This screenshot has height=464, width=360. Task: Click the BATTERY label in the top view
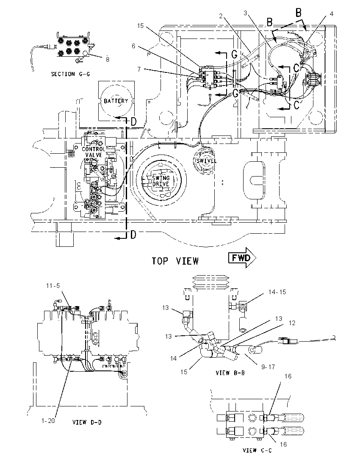pyautogui.click(x=116, y=101)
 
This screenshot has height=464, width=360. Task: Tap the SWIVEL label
pyautogui.click(x=206, y=161)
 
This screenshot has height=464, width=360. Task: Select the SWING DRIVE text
pyautogui.click(x=161, y=181)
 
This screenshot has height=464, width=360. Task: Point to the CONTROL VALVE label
pyautogui.click(x=93, y=152)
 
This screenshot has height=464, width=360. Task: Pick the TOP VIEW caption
pyautogui.click(x=175, y=261)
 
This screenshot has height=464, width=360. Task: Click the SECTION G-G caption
pyautogui.click(x=70, y=74)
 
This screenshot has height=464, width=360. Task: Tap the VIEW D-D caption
pyautogui.click(x=87, y=422)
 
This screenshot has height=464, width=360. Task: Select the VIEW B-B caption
pyautogui.click(x=230, y=373)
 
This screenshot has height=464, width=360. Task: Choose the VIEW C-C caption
pyautogui.click(x=257, y=450)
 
